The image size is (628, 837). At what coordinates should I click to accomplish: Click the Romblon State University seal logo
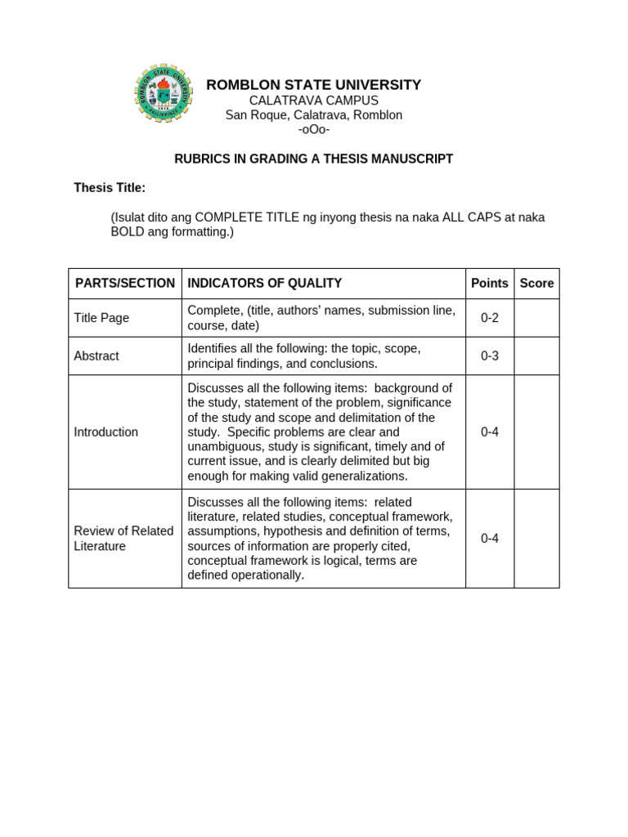pyautogui.click(x=164, y=92)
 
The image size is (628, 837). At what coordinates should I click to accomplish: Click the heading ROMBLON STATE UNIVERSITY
pyautogui.click(x=313, y=85)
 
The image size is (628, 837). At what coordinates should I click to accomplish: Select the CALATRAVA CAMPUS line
pyautogui.click(x=313, y=101)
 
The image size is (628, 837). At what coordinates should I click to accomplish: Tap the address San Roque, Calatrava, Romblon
pyautogui.click(x=313, y=115)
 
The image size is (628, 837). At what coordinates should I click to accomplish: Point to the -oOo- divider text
pyautogui.click(x=313, y=130)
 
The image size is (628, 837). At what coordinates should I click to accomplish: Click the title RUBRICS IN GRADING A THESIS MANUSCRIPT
pyautogui.click(x=313, y=159)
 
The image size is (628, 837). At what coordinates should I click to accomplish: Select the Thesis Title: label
pyautogui.click(x=110, y=188)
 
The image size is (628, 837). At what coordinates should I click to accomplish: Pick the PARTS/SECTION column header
pyautogui.click(x=125, y=283)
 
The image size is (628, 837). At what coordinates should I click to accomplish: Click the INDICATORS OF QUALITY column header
pyautogui.click(x=264, y=283)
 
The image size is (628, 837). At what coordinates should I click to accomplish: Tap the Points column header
pyautogui.click(x=489, y=283)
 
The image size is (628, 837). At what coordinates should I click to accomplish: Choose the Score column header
pyautogui.click(x=536, y=283)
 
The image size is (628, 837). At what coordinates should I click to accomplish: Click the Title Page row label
pyautogui.click(x=101, y=318)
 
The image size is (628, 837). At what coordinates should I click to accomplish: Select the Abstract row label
pyautogui.click(x=96, y=356)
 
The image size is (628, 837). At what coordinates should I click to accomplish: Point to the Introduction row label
pyautogui.click(x=106, y=432)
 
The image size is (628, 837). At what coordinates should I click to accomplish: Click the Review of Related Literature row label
pyautogui.click(x=123, y=539)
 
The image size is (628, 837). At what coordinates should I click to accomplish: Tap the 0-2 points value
pyautogui.click(x=489, y=318)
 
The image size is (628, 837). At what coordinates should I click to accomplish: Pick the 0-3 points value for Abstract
pyautogui.click(x=489, y=356)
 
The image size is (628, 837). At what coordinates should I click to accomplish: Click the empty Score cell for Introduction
pyautogui.click(x=536, y=432)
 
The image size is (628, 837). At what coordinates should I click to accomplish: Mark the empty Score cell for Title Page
pyautogui.click(x=536, y=318)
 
